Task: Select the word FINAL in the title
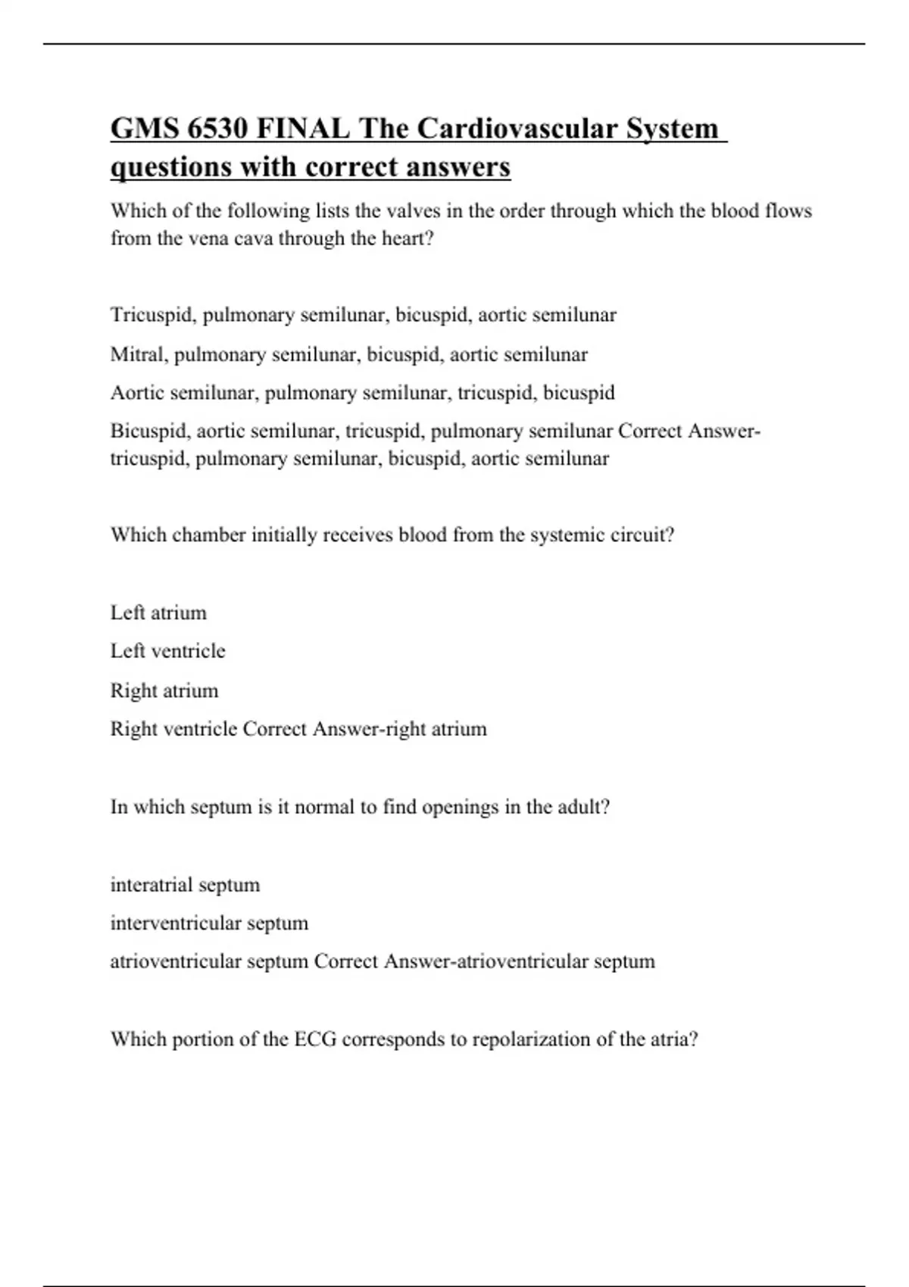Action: click(x=303, y=129)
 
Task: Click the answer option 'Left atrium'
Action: click(x=158, y=612)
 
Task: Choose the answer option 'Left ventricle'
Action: click(x=167, y=651)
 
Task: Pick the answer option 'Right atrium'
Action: click(x=164, y=690)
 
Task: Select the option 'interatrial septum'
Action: click(x=185, y=884)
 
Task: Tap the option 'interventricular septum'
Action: click(x=209, y=923)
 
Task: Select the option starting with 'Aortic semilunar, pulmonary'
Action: click(x=362, y=393)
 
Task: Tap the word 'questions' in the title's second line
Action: click(x=171, y=167)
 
